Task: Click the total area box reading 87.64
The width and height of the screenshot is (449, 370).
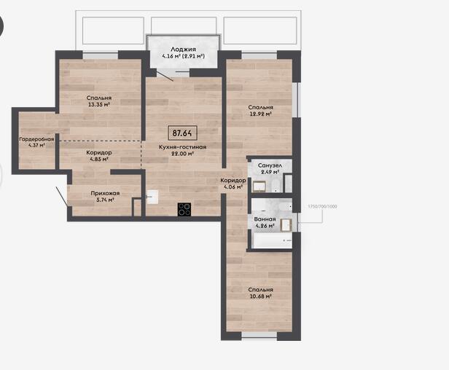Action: tap(182, 133)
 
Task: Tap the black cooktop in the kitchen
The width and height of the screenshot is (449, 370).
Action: tap(184, 209)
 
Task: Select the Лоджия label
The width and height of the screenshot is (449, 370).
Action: tap(183, 50)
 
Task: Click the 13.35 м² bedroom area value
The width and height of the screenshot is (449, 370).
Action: tap(99, 104)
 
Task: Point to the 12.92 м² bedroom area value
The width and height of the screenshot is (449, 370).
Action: tap(261, 114)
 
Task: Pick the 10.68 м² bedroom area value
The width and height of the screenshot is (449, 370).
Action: tap(261, 296)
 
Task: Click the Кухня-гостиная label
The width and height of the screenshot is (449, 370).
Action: tap(183, 147)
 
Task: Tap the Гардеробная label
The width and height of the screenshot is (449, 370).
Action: tap(36, 139)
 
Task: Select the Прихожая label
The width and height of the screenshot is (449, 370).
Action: tap(105, 193)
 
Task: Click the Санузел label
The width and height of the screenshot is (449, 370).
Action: tap(270, 165)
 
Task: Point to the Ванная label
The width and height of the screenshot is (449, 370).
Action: tap(265, 219)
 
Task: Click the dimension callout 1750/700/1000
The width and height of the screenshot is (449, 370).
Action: tap(322, 206)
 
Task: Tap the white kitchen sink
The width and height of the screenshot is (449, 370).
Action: tap(152, 197)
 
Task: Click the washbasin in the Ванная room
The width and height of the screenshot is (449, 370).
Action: tap(286, 224)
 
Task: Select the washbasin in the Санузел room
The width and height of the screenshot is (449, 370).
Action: tap(259, 186)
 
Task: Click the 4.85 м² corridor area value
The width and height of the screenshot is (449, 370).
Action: tap(99, 160)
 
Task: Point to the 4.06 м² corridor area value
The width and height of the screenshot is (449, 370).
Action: tap(233, 187)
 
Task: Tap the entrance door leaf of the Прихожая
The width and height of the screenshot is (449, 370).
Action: tap(62, 197)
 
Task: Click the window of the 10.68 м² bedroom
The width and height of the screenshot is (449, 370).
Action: tap(259, 335)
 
